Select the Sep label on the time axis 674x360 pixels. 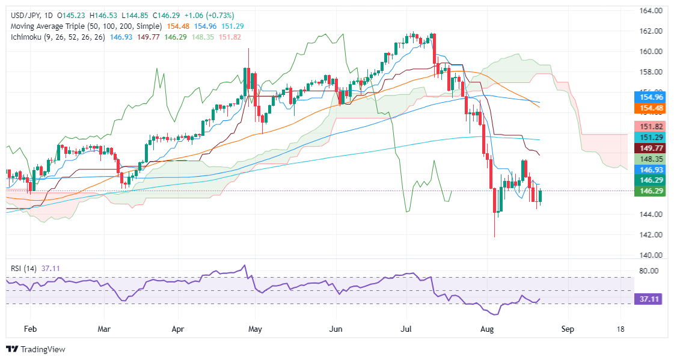(566, 329)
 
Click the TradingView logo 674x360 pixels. (35, 349)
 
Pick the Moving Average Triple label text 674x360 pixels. (85, 26)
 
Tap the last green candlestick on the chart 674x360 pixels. (541, 196)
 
